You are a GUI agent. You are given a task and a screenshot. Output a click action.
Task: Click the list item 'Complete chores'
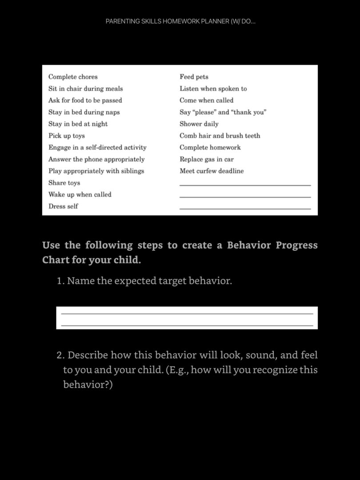(73, 77)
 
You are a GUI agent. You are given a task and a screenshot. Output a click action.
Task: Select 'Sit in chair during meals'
(85, 88)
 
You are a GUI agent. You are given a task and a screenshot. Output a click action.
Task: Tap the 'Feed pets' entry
(194, 77)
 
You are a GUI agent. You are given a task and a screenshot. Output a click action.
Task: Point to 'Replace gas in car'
(206, 159)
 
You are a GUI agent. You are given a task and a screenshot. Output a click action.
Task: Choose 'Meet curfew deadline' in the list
(212, 171)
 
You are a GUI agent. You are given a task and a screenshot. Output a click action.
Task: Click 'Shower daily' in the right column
(199, 124)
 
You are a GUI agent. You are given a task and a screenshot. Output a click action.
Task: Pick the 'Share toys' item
(64, 183)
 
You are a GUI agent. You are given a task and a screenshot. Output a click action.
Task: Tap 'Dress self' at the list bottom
(63, 206)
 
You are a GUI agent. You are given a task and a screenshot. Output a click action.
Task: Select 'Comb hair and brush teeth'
(220, 136)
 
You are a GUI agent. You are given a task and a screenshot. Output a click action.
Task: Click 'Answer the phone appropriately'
(96, 159)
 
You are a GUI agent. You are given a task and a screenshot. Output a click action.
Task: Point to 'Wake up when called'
(80, 194)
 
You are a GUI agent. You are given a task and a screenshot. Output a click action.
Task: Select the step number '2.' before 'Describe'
(61, 355)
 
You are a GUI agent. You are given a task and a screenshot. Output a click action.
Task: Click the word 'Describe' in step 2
(88, 355)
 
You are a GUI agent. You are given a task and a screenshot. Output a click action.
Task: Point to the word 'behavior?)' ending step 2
(88, 384)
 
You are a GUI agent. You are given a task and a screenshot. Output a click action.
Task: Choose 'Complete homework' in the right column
(210, 147)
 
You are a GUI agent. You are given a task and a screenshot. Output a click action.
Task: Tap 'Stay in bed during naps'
(84, 112)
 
